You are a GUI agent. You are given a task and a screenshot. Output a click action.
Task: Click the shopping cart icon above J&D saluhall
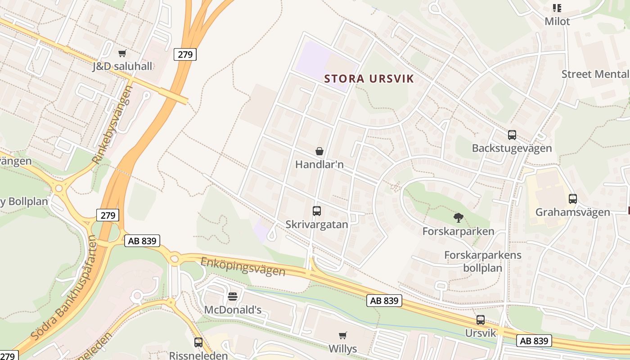tap(122, 54)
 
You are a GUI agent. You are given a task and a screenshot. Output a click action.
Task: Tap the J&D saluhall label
tap(122, 67)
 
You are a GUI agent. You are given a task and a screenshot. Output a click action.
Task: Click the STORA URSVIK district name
tap(369, 79)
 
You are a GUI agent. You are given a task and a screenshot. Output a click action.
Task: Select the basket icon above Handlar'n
tap(319, 151)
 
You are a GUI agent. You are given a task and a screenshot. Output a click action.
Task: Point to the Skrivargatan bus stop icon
tap(317, 211)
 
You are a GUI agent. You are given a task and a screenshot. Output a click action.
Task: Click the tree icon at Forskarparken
tap(459, 218)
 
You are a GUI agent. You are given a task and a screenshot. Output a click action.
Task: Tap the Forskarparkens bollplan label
tap(483, 261)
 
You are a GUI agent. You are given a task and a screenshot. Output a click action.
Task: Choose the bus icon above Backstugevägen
tap(512, 135)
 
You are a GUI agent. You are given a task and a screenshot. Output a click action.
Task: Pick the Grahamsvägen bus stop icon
tap(573, 198)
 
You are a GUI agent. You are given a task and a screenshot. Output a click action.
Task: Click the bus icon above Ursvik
tap(481, 320)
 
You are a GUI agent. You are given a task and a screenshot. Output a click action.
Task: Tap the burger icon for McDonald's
tap(233, 296)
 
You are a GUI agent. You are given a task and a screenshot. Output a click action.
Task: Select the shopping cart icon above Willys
tap(343, 335)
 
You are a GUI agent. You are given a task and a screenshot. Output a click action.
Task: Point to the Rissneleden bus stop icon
tap(198, 342)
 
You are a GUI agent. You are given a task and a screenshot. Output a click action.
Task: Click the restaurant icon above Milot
tap(557, 8)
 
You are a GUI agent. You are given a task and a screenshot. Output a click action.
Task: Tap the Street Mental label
tap(595, 74)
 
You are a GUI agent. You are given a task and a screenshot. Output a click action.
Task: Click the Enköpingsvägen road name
tap(243, 266)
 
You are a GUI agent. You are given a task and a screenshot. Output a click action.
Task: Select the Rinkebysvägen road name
tap(112, 124)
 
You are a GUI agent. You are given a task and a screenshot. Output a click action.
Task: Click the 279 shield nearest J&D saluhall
tap(185, 54)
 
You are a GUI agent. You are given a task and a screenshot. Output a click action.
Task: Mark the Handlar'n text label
tap(319, 165)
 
